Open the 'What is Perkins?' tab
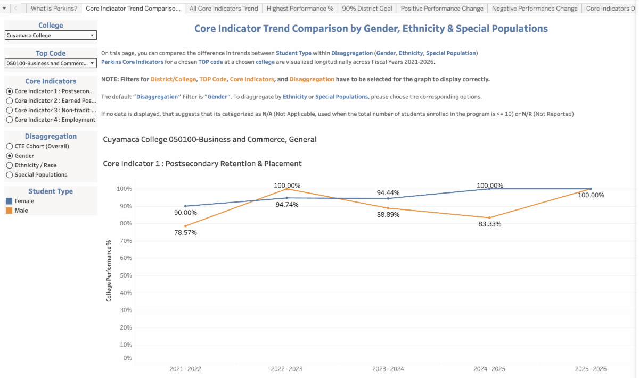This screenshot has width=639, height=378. point(54,9)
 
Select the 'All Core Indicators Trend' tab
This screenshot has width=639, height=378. point(224,9)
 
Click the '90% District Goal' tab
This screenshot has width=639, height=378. point(367,9)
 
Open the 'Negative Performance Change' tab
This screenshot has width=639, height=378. point(534,9)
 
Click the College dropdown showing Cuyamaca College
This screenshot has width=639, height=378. point(51,36)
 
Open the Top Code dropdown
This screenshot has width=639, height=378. point(51,63)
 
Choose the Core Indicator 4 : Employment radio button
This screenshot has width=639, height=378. point(9,120)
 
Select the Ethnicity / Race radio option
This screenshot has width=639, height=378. point(9,165)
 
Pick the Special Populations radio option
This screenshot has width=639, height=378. point(9,175)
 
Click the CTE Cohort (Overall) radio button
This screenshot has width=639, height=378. point(9,146)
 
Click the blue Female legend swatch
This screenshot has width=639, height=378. point(9,201)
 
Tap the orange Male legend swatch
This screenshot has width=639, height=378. point(9,211)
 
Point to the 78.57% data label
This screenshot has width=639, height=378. point(185,232)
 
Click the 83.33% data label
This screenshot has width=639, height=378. point(489,224)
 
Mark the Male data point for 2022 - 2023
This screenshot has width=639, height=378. point(287,189)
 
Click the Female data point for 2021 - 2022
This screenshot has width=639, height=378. point(185,206)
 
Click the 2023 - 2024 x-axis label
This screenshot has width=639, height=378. point(388,369)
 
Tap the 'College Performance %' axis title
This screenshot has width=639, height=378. point(109,271)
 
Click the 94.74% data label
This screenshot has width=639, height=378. point(287,205)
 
